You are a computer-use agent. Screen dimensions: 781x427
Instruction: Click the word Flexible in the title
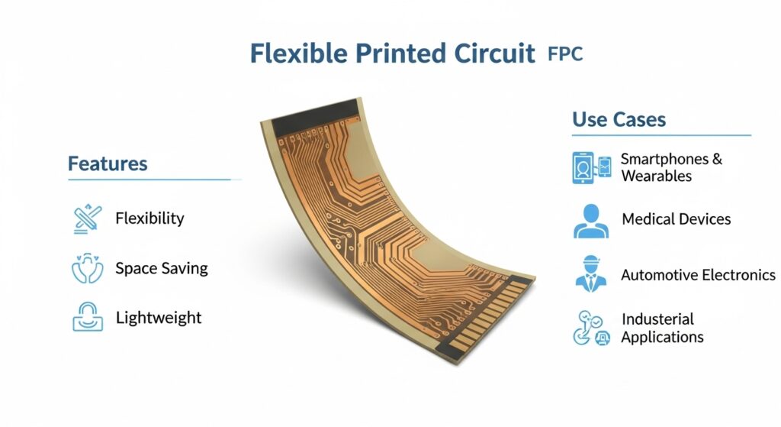(298, 53)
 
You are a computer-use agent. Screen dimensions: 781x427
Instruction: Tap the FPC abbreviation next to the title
(565, 54)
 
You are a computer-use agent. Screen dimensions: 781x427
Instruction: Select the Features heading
(108, 163)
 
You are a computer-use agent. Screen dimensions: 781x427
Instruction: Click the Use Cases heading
(619, 120)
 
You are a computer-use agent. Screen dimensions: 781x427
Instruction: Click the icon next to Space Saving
(88, 268)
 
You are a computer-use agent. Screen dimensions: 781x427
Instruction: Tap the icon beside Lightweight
(88, 317)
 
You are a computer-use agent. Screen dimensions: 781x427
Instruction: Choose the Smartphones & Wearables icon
(592, 167)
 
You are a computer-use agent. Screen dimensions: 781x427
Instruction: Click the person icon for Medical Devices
(591, 221)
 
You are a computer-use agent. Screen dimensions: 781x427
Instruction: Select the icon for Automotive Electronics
(591, 274)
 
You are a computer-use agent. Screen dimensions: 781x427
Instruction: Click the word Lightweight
(159, 319)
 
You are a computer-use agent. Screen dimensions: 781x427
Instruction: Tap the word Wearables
(657, 176)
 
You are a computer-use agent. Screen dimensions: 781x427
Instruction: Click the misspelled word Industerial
(657, 319)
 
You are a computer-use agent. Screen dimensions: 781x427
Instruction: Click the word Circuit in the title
(494, 53)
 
